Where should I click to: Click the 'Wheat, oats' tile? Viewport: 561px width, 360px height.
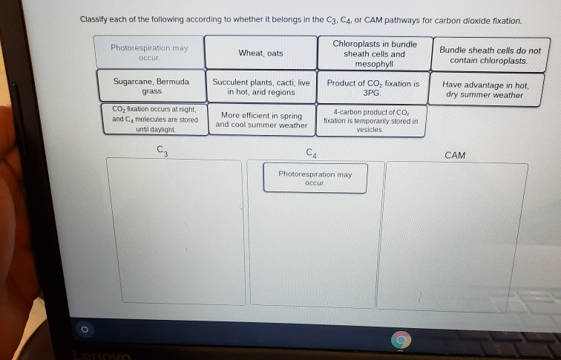click(260, 53)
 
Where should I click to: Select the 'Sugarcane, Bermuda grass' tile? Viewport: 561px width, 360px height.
click(151, 86)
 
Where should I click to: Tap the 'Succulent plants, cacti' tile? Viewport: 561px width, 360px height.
click(261, 87)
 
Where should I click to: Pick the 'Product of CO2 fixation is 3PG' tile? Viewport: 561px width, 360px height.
click(373, 88)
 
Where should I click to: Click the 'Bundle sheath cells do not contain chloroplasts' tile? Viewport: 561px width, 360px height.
click(490, 55)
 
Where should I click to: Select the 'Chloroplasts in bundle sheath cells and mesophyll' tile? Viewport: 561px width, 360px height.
click(374, 53)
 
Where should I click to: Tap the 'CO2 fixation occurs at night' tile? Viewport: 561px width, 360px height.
click(155, 119)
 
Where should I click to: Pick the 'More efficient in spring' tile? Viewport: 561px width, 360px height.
click(261, 120)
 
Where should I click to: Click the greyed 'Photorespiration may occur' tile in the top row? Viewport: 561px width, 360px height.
click(149, 52)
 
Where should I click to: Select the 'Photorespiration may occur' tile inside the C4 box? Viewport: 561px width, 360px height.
click(315, 178)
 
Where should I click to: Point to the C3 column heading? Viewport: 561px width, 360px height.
click(163, 152)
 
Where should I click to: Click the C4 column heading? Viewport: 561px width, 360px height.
click(311, 154)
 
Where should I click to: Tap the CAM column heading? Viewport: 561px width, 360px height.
click(455, 155)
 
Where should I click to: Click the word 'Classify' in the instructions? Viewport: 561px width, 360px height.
click(96, 20)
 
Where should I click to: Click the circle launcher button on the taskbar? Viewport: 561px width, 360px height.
click(85, 327)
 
